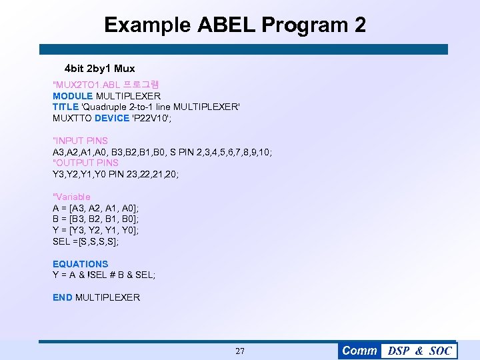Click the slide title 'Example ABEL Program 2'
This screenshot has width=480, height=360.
pyautogui.click(x=235, y=25)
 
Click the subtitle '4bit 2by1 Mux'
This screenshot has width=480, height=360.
pyautogui.click(x=99, y=69)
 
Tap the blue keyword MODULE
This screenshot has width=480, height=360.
pyautogui.click(x=72, y=96)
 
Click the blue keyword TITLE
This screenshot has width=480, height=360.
pyautogui.click(x=65, y=107)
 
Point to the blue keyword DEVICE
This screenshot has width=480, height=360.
pyautogui.click(x=112, y=118)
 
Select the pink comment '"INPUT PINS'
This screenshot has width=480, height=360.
pyautogui.click(x=80, y=141)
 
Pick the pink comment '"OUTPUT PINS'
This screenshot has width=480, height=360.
pyautogui.click(x=85, y=163)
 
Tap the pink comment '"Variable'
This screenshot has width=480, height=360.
pyautogui.click(x=71, y=197)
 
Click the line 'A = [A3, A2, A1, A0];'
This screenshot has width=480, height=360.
pyautogui.click(x=95, y=208)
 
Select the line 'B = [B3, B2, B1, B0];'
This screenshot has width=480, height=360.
pyautogui.click(x=95, y=219)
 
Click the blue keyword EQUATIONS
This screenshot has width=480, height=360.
pyautogui.click(x=80, y=264)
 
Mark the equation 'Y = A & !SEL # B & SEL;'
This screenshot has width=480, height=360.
pyautogui.click(x=103, y=275)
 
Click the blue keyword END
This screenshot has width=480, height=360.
pyautogui.click(x=63, y=297)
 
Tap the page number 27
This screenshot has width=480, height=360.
pyautogui.click(x=240, y=351)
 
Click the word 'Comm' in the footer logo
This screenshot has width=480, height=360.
pyautogui.click(x=359, y=351)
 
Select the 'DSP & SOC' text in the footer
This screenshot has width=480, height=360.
pyautogui.click(x=419, y=351)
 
